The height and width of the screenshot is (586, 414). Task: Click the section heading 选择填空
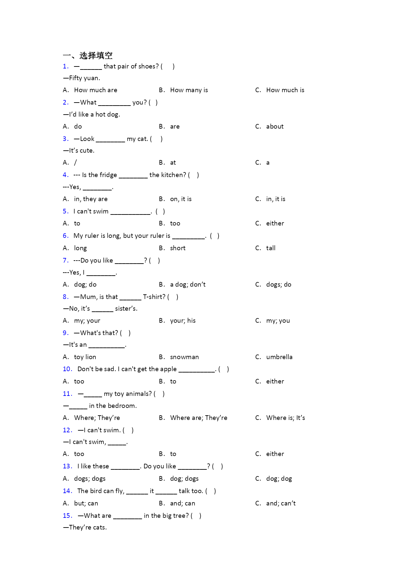96,55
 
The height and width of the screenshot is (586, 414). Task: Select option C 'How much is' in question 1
285,90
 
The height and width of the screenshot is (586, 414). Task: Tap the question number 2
66,103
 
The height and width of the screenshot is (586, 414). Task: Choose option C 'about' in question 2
275,127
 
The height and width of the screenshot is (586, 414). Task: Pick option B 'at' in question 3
173,163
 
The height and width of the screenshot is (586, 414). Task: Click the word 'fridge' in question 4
108,175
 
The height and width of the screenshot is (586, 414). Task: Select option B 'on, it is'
180,199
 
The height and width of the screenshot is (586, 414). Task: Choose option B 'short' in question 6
177,248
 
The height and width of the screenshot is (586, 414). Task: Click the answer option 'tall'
271,248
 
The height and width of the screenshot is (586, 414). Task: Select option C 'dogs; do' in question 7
279,285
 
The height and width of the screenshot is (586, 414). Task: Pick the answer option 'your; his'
182,321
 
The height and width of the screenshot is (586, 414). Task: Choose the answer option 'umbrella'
279,357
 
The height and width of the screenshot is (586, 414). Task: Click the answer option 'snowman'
184,357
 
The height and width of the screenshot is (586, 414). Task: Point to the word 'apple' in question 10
168,369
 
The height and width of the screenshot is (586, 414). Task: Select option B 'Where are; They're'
198,418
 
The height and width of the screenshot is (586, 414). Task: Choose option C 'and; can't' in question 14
281,503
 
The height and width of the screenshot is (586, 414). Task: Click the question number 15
67,516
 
